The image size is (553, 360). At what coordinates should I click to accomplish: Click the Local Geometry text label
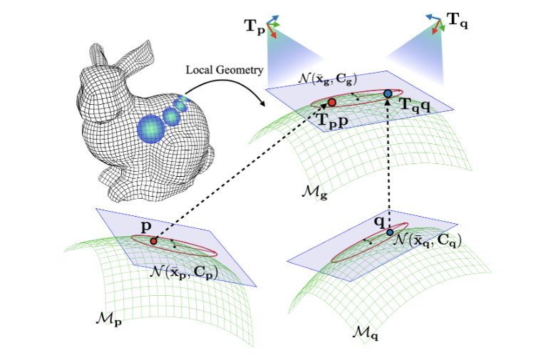(x=224, y=71)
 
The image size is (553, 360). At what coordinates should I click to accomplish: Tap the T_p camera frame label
(x=254, y=26)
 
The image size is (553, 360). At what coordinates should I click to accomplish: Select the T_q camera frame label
(x=458, y=20)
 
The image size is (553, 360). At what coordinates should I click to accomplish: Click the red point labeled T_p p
(x=331, y=103)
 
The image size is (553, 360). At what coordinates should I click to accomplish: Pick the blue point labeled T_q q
(x=388, y=93)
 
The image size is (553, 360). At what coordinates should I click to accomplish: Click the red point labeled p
(x=153, y=241)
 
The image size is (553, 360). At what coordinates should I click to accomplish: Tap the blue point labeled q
(x=390, y=232)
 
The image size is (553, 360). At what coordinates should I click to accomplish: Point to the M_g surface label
(x=314, y=192)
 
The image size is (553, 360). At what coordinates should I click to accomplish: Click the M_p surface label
(x=108, y=319)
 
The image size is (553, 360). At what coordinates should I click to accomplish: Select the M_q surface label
(x=366, y=333)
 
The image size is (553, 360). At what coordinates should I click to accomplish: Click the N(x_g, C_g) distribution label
(x=327, y=78)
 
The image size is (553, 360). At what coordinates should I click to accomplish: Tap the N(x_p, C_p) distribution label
(x=184, y=272)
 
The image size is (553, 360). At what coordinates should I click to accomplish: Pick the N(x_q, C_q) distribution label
(x=428, y=241)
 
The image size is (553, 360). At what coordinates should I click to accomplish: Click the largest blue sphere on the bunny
(x=151, y=129)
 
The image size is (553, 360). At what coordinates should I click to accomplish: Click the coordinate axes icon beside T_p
(x=273, y=26)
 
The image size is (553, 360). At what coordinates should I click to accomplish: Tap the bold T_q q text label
(x=415, y=105)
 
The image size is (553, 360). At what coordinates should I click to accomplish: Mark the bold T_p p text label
(x=333, y=120)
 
